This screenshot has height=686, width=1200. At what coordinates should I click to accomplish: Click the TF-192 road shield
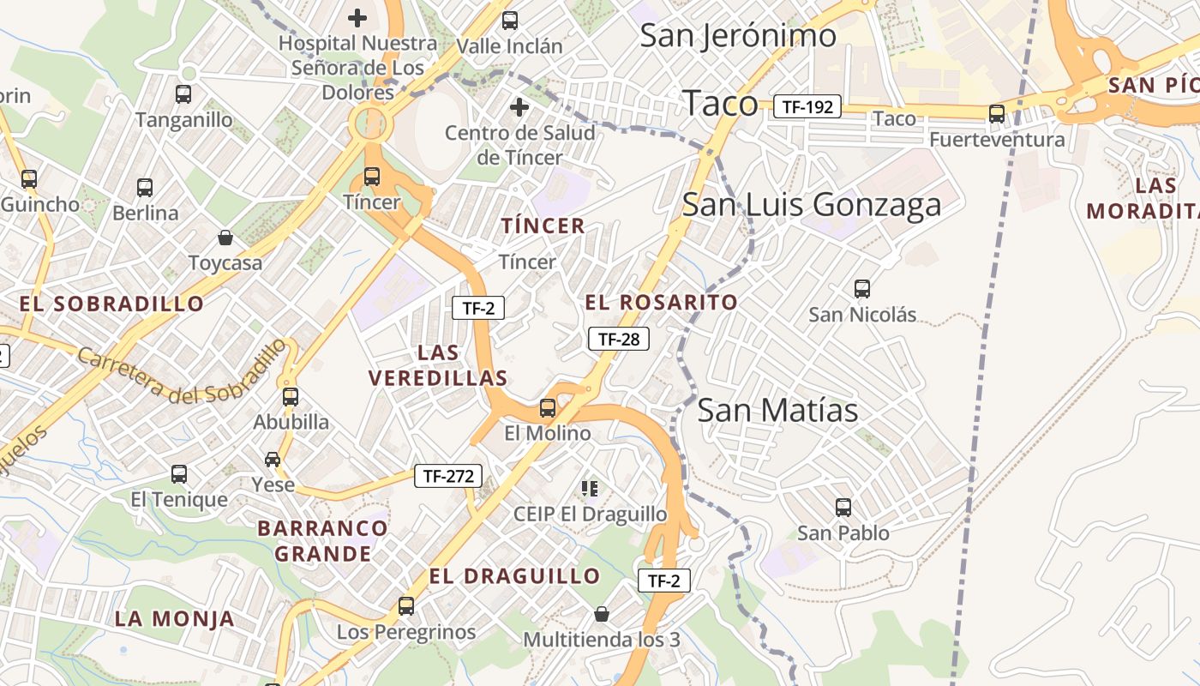point(807,106)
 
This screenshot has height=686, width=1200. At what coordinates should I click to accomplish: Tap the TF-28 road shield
point(619,339)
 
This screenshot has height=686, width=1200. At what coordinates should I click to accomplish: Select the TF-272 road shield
point(448,476)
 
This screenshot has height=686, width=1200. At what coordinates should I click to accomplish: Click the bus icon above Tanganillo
point(183,94)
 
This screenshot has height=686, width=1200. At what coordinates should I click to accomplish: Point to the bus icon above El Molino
point(548,408)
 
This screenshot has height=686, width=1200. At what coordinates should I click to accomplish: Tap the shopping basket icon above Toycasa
point(225,238)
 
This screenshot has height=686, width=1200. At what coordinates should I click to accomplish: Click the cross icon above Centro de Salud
point(519,107)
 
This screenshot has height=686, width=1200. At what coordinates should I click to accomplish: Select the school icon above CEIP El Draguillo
point(589,489)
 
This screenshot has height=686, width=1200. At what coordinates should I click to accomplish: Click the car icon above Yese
point(273,460)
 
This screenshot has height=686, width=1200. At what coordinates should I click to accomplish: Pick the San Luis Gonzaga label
point(812,205)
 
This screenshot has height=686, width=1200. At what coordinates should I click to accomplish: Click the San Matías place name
point(777,411)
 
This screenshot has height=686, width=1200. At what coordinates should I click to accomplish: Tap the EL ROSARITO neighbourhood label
point(661,302)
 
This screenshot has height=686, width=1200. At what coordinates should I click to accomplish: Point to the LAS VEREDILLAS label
point(438,365)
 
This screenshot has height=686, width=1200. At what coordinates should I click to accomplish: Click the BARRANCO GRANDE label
point(323,541)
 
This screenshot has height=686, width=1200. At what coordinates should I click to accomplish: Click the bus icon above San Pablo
point(843,508)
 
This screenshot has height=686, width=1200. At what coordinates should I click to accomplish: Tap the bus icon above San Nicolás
point(862,289)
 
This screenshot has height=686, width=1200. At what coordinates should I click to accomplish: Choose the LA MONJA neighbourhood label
point(175,618)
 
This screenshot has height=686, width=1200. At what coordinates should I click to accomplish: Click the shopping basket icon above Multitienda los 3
point(602,614)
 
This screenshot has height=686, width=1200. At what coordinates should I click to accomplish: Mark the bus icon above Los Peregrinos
point(406,606)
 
